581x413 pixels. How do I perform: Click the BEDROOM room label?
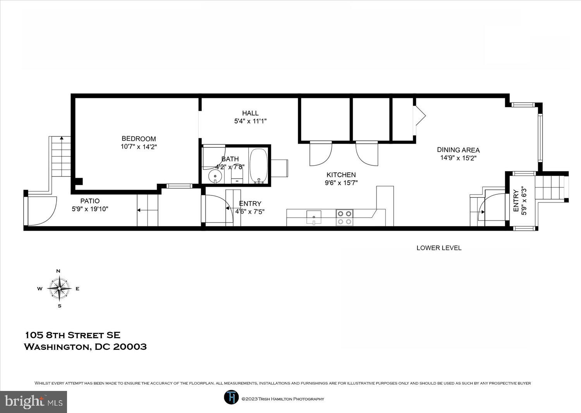(139, 139)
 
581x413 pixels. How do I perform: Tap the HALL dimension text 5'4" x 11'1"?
(250, 121)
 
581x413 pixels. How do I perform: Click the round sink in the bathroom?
(214, 177)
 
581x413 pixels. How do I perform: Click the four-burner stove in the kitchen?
(344, 218)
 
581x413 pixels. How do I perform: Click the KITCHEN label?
(341, 175)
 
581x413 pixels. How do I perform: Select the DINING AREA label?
(458, 150)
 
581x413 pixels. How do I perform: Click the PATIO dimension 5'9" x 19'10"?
(90, 209)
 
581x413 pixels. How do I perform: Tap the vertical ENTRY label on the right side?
(516, 201)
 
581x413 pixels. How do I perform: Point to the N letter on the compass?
(58, 271)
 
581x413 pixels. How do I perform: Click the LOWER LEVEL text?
(439, 248)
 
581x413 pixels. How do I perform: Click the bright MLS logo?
(34, 402)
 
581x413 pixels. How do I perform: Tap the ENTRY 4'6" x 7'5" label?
(250, 207)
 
